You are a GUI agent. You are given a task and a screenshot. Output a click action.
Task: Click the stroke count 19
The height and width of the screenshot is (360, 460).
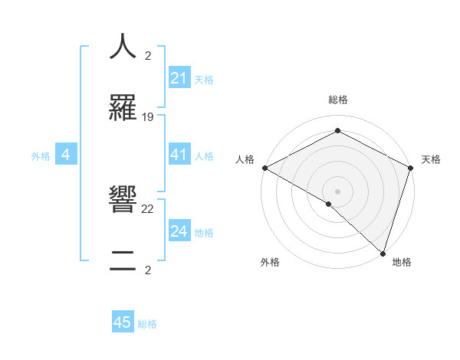[x=148, y=117]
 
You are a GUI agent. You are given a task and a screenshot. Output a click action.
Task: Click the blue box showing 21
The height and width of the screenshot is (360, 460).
[x=179, y=78]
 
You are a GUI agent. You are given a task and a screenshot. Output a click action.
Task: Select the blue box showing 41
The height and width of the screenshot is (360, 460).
[x=179, y=155]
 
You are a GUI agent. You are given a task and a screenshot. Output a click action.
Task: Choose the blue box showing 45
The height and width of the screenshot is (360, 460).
[x=123, y=322]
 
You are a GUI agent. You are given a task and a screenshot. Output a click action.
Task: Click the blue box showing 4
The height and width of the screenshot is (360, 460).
[x=66, y=155]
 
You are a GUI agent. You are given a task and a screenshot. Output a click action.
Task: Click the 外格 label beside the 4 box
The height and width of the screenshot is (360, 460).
[x=41, y=156]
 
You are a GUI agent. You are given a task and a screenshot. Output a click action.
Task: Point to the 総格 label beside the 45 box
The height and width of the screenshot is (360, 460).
[x=147, y=324]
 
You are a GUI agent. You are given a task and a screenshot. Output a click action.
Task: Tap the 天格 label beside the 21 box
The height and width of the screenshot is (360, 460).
[x=204, y=79]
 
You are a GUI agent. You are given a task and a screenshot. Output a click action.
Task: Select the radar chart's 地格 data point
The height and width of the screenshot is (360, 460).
[x=383, y=253]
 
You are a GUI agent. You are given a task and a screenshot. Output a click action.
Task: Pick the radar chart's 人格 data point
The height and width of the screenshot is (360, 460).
[x=264, y=167]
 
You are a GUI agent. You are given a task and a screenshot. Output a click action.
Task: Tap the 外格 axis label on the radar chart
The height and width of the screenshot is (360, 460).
[x=270, y=262]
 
